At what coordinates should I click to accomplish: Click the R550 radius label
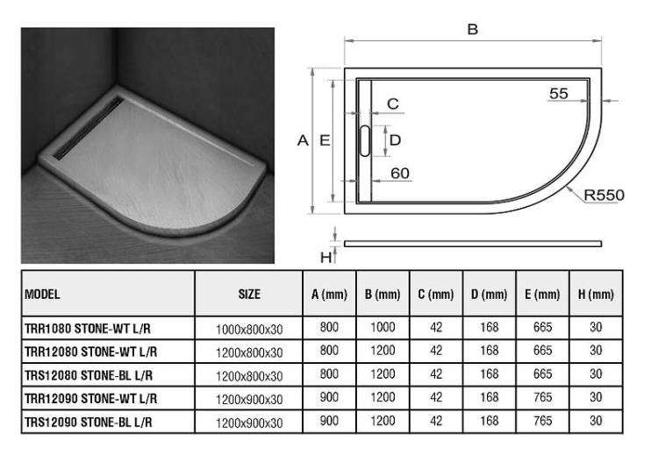(604, 195)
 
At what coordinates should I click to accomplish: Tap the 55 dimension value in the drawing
(559, 93)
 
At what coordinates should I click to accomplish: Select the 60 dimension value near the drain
(399, 174)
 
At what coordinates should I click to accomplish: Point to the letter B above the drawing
(473, 29)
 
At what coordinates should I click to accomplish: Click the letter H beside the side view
(325, 257)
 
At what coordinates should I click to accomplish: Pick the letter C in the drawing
(393, 103)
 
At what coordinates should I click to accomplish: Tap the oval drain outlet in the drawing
(365, 140)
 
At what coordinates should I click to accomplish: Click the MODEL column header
(42, 294)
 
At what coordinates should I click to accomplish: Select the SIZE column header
(249, 294)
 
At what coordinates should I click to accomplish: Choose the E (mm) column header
(542, 295)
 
